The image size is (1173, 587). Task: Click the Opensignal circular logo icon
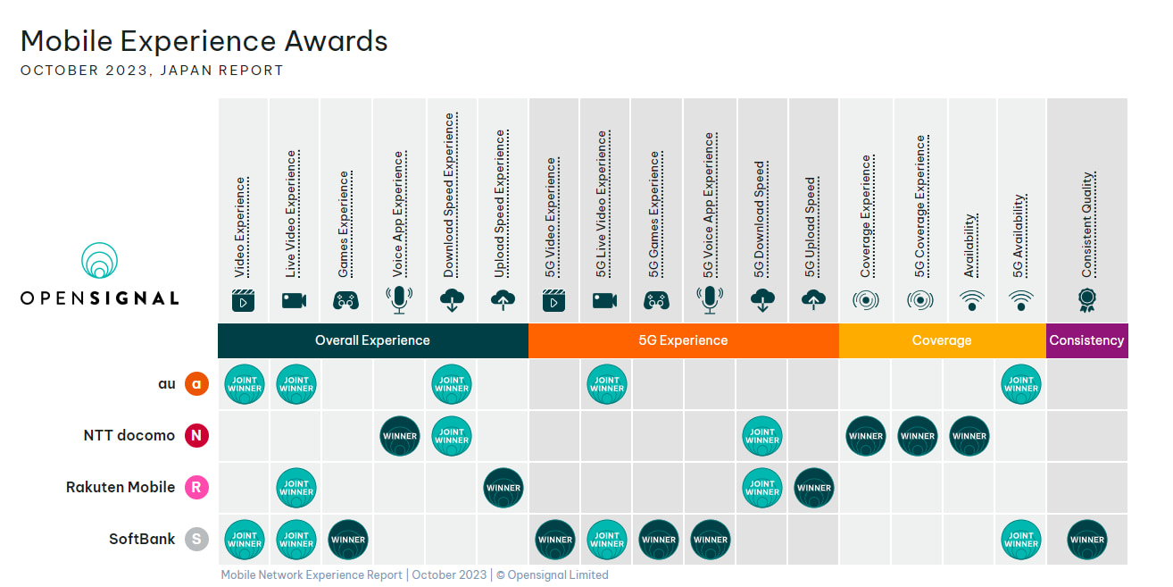pyautogui.click(x=100, y=260)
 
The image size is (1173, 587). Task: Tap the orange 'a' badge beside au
pyautogui.click(x=196, y=384)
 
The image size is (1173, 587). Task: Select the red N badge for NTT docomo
pyautogui.click(x=196, y=436)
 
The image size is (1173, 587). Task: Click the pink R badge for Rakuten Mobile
pyautogui.click(x=196, y=488)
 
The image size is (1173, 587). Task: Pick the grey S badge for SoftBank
pyautogui.click(x=196, y=540)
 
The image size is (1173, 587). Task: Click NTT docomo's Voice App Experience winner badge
pyautogui.click(x=400, y=436)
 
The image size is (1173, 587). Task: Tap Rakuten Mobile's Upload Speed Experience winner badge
pyautogui.click(x=503, y=488)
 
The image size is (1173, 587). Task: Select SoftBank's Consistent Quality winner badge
pyautogui.click(x=1087, y=540)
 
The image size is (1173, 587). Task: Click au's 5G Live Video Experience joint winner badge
pyautogui.click(x=607, y=384)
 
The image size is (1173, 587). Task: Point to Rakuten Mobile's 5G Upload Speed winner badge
pyautogui.click(x=814, y=488)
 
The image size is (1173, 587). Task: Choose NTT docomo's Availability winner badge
pyautogui.click(x=969, y=436)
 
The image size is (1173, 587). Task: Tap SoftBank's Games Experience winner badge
pyautogui.click(x=348, y=540)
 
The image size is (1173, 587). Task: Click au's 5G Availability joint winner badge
pyautogui.click(x=1021, y=384)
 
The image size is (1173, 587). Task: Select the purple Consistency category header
pyautogui.click(x=1086, y=340)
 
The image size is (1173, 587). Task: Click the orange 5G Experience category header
pyautogui.click(x=684, y=340)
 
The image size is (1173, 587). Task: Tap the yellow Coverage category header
pyautogui.click(x=942, y=340)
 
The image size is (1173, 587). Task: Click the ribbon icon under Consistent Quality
pyautogui.click(x=1087, y=299)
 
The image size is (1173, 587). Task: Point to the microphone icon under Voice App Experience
pyautogui.click(x=399, y=299)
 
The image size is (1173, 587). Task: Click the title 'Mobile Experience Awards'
pyautogui.click(x=204, y=41)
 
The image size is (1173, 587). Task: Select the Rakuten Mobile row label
pyautogui.click(x=121, y=488)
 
